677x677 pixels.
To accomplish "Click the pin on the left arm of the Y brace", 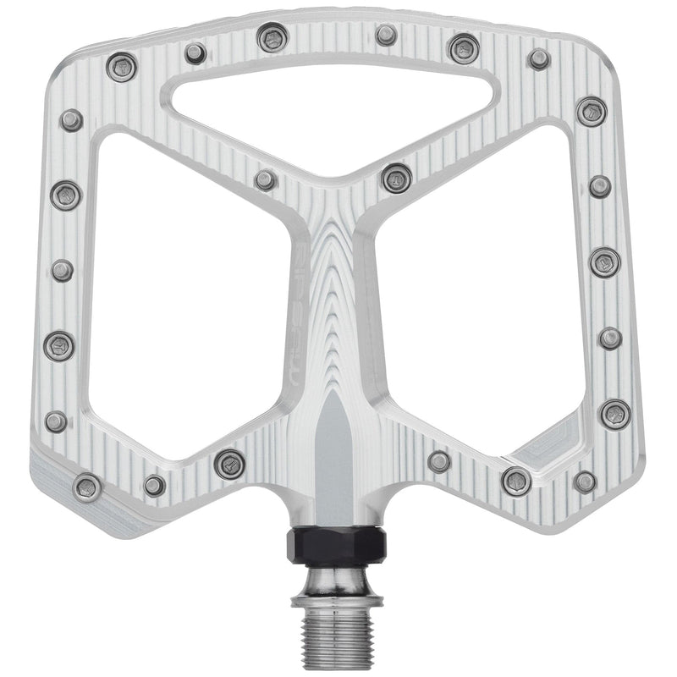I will click(x=266, y=179).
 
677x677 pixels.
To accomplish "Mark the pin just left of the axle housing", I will click(x=229, y=463).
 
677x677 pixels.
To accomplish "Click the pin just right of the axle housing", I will click(x=439, y=461).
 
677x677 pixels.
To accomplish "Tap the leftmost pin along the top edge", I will click(x=122, y=66).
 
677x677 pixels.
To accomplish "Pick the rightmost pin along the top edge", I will click(x=539, y=58).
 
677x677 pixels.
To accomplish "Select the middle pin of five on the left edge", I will click(x=62, y=270).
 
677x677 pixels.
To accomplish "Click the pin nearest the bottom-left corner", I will click(x=87, y=487).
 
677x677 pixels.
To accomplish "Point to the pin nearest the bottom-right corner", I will click(x=585, y=482).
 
